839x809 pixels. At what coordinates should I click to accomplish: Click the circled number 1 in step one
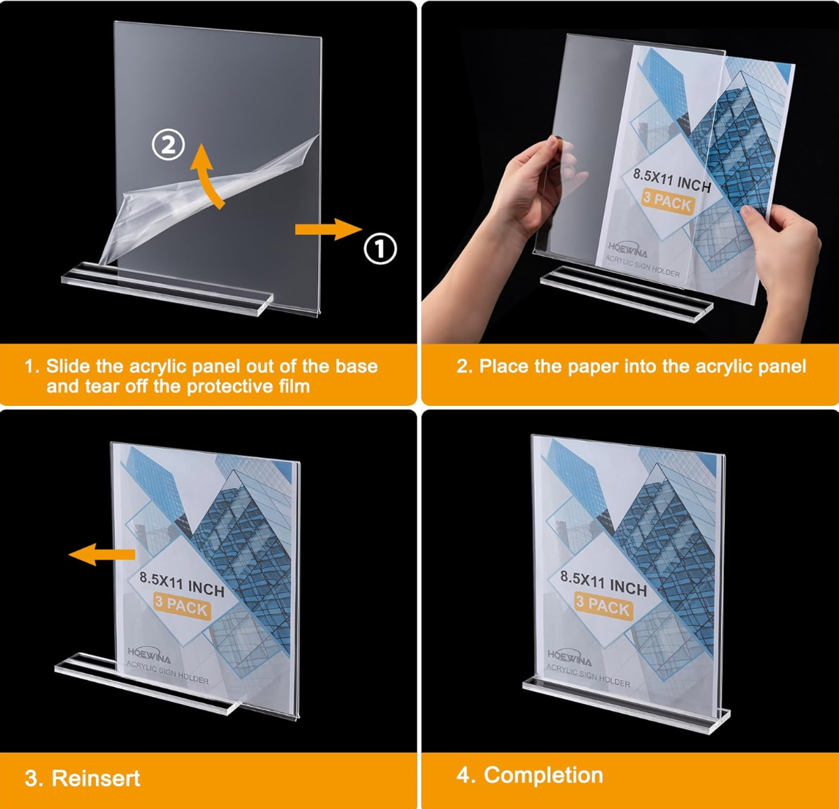click(380, 249)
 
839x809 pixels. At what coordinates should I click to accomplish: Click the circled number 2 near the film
click(169, 145)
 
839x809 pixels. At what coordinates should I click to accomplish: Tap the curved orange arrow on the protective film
click(207, 174)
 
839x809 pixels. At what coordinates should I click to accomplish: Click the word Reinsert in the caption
click(96, 778)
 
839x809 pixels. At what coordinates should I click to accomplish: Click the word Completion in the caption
click(543, 775)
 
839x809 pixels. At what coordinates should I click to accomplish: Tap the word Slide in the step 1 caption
click(68, 366)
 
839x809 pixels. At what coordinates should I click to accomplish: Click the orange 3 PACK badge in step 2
click(667, 202)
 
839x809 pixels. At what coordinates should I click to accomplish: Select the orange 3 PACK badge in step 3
click(182, 605)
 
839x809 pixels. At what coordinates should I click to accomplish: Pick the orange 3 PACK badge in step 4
click(603, 605)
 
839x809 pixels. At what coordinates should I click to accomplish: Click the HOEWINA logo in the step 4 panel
click(569, 658)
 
